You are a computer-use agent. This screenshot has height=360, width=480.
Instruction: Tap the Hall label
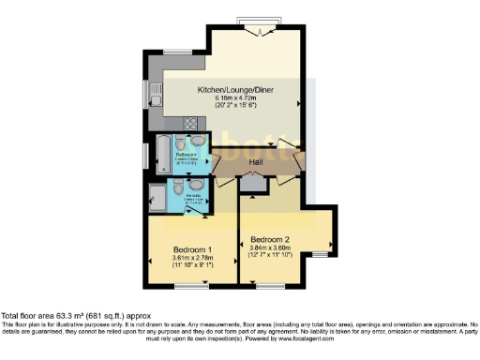255,163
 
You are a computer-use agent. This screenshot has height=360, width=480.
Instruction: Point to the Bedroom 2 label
273,237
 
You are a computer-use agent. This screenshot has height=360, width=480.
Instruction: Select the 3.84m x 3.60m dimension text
273,246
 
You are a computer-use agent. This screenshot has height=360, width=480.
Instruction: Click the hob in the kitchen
189,123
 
